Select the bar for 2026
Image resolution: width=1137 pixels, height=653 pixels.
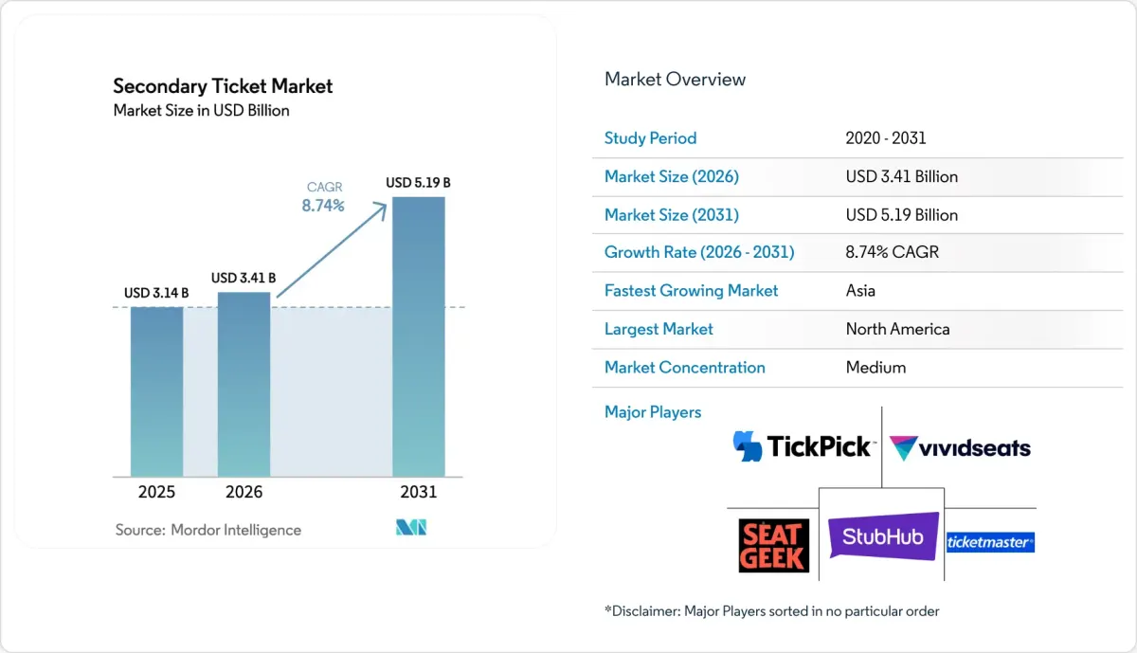[x=244, y=384]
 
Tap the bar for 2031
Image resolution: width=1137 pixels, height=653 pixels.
[x=419, y=336]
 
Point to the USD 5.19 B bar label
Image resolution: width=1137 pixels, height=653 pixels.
[x=418, y=182]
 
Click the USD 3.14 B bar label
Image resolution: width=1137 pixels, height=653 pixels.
[x=156, y=293]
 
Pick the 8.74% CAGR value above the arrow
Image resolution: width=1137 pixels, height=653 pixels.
[x=323, y=205]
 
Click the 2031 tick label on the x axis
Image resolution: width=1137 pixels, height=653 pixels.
[x=419, y=492]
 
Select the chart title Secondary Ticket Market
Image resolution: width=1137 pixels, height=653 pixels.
[x=223, y=86]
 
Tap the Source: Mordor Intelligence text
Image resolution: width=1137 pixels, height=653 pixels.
[x=208, y=530]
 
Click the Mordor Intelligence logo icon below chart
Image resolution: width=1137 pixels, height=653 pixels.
[x=410, y=528]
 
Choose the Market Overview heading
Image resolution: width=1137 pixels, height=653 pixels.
[x=675, y=80]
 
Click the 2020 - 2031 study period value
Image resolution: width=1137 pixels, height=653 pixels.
[x=886, y=138]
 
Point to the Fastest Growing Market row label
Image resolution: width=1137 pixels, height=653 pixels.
[x=691, y=291]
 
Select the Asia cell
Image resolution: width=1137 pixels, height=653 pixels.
[x=861, y=291]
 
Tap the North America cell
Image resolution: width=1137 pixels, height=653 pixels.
[x=897, y=329]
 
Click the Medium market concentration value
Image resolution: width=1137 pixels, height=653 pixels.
[x=875, y=367]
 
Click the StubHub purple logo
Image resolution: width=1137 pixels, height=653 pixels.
[x=883, y=536]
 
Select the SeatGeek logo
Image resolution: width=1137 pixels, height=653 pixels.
[x=773, y=545]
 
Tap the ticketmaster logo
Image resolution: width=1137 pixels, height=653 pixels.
[x=990, y=542]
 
